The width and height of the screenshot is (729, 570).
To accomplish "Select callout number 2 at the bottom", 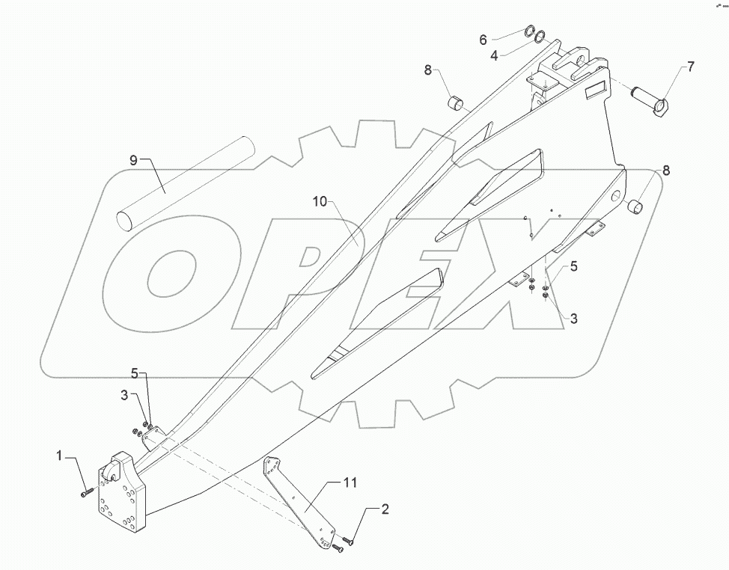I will click(x=385, y=511).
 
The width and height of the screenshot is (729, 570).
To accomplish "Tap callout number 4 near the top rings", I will click(x=494, y=55).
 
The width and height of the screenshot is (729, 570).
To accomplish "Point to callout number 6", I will click(x=483, y=39).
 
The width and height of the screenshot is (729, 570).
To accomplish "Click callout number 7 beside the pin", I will click(x=689, y=67).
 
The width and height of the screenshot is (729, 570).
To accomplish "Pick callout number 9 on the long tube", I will click(x=133, y=159).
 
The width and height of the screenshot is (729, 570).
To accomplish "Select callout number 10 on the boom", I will click(x=320, y=202).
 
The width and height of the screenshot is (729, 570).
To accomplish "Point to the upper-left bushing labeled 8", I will click(x=455, y=102).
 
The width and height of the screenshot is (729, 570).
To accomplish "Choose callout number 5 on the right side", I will click(x=573, y=266).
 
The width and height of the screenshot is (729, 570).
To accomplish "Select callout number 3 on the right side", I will click(x=573, y=319).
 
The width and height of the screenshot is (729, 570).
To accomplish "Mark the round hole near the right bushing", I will click(x=615, y=196).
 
